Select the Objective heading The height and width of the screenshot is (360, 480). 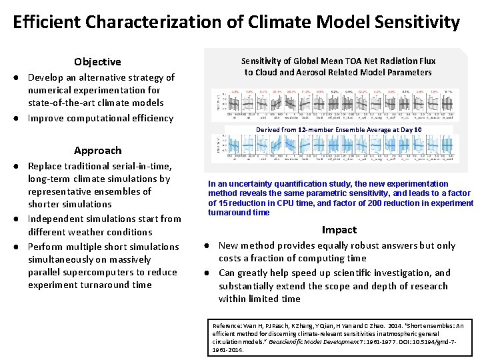click(97, 62)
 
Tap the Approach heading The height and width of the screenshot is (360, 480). click(97, 151)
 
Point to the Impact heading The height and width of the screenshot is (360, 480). click(339, 230)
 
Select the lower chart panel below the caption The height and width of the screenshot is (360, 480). click(334, 148)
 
